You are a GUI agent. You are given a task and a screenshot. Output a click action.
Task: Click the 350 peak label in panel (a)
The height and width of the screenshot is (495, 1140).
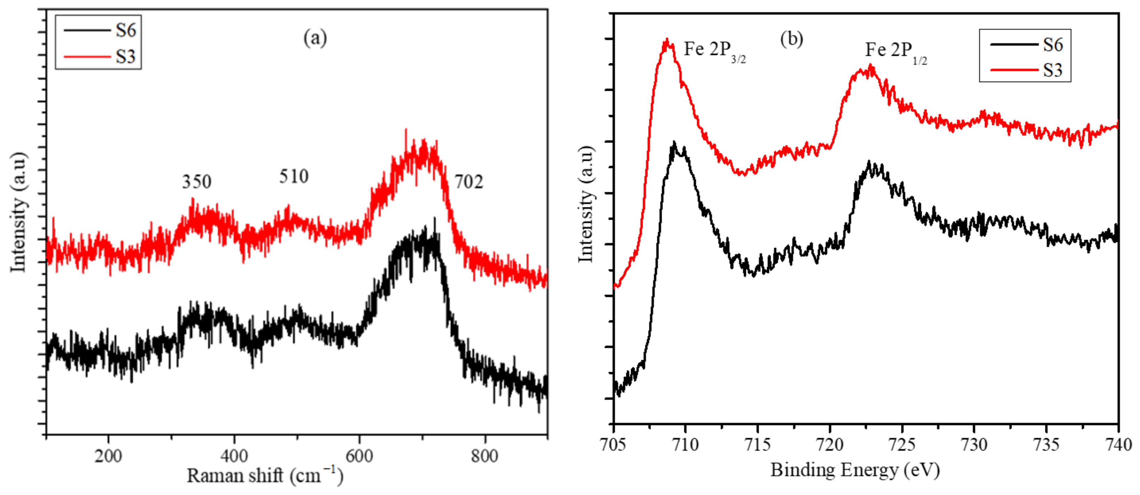tap(196, 182)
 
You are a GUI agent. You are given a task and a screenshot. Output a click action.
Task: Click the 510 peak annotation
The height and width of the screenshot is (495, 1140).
tap(293, 177)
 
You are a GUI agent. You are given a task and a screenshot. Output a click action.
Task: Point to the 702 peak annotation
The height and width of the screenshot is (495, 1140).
tap(469, 182)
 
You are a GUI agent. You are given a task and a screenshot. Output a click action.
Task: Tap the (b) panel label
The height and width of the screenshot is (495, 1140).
tap(791, 39)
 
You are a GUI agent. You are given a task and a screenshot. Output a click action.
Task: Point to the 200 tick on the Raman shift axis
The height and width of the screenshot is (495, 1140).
tap(108, 456)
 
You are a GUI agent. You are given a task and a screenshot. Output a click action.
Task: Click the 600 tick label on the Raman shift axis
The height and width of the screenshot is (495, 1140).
tap(359, 456)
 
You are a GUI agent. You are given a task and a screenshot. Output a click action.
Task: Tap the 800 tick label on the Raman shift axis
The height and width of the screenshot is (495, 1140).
tap(484, 456)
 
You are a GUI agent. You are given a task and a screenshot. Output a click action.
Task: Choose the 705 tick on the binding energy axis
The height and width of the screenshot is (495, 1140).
tap(613, 444)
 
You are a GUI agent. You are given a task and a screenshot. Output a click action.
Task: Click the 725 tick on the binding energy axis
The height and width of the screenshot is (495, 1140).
tap(902, 444)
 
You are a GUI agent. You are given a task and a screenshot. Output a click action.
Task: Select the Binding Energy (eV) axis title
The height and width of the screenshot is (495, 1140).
tap(855, 470)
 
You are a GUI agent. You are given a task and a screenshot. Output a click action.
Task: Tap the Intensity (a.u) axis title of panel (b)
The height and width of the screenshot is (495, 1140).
tap(586, 204)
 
